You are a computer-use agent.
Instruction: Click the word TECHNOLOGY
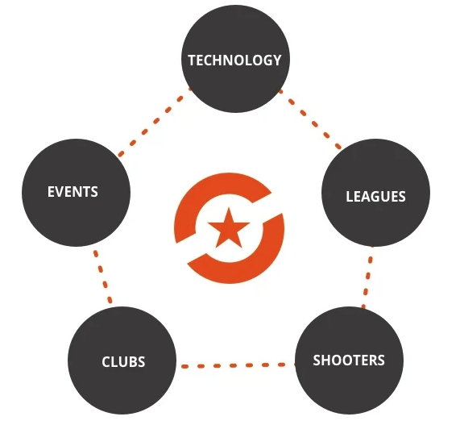coord(234,60)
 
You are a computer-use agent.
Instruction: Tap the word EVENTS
coord(73,192)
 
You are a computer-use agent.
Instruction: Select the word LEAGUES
coord(375,197)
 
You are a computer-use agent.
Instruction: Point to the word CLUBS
coord(123,361)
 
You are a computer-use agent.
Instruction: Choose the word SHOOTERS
coord(349,360)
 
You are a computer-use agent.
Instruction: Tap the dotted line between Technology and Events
coord(154,122)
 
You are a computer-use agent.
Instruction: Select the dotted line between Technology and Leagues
coord(309,119)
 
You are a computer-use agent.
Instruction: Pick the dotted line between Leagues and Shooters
coord(367,277)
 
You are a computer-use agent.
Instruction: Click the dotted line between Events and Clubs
coord(102,276)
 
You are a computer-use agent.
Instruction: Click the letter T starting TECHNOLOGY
coord(193,60)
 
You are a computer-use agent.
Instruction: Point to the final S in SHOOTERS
coord(380,360)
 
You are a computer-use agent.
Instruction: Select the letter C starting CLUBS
coord(106,361)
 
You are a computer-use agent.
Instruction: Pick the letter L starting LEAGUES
coord(350,197)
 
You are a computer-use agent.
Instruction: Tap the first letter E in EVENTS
coord(51,192)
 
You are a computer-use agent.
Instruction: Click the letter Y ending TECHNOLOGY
coord(276,60)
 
